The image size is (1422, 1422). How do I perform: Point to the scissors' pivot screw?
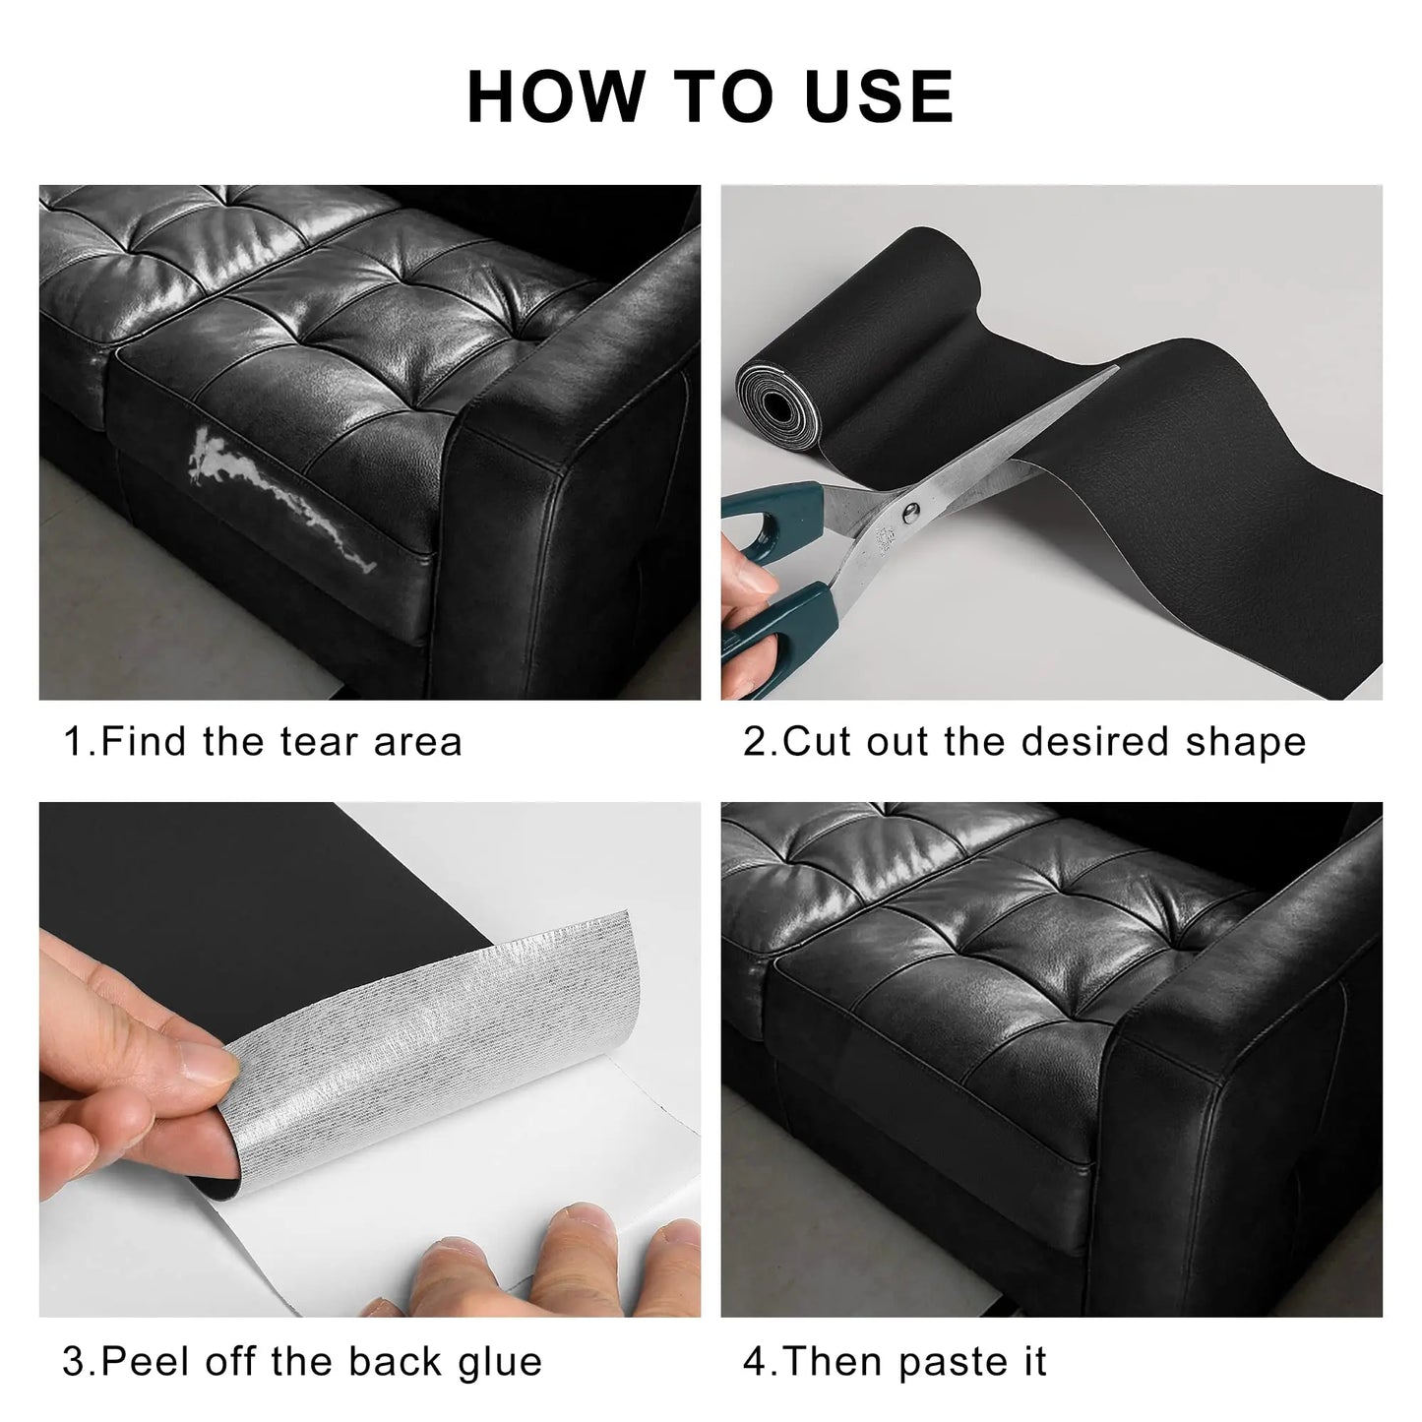pyautogui.click(x=911, y=509)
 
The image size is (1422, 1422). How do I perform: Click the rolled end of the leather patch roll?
pyautogui.click(x=777, y=395)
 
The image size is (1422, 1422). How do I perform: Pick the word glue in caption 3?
pyautogui.click(x=500, y=1363)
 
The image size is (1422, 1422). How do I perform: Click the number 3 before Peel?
pyautogui.click(x=73, y=1363)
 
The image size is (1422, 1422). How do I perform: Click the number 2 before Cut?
pyautogui.click(x=754, y=742)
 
